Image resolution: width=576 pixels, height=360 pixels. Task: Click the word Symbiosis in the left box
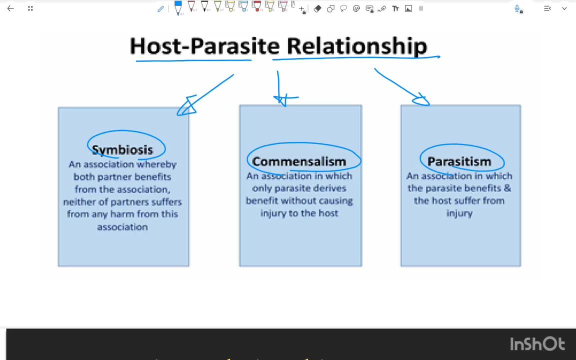[x=122, y=150]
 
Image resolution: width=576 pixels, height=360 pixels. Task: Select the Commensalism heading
[x=299, y=161]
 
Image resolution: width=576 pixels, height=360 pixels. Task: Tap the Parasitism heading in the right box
[x=459, y=161]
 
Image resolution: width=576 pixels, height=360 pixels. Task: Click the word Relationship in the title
[x=356, y=46]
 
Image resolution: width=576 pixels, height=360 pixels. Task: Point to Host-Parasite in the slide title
[x=205, y=46]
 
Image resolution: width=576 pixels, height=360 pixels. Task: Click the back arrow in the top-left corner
[x=10, y=8]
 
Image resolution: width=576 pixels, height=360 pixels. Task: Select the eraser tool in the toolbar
[x=317, y=8]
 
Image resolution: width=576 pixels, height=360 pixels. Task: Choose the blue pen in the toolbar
[x=178, y=7]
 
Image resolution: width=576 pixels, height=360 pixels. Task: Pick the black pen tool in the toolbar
[x=204, y=7]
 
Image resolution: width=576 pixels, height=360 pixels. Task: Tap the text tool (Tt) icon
[x=395, y=8]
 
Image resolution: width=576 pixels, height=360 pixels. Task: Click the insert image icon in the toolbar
[x=408, y=8]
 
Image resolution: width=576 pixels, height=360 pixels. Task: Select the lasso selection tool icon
[x=343, y=8]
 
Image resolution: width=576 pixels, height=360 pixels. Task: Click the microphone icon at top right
[x=518, y=8]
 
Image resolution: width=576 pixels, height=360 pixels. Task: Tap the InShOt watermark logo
[x=537, y=344]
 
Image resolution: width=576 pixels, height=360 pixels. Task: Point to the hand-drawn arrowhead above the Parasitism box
[x=421, y=100]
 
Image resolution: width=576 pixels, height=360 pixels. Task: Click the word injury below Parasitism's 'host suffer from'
[x=459, y=213]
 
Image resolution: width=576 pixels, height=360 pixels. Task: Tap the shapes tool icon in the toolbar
[x=330, y=8]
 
